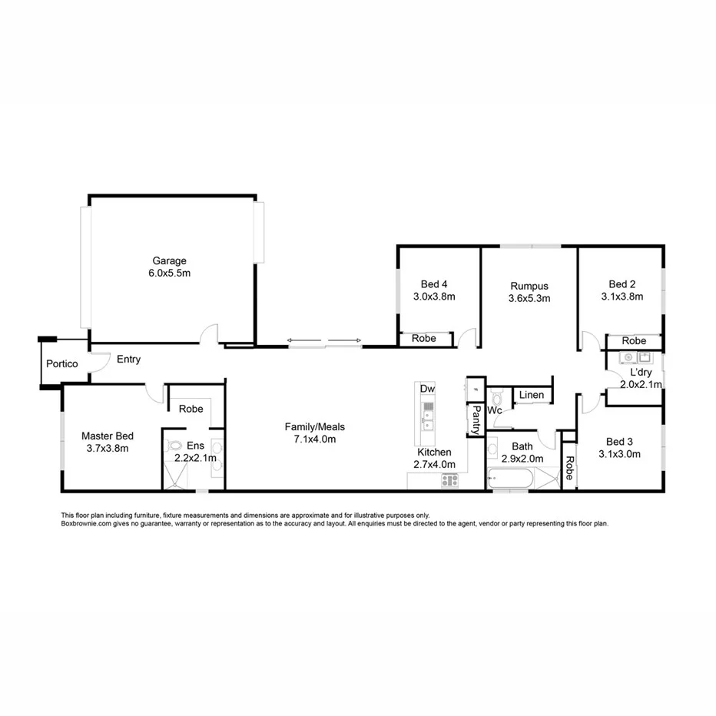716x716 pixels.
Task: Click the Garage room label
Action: pos(169,261)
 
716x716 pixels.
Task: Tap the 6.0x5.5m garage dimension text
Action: pos(169,273)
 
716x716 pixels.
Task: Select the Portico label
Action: pos(61,363)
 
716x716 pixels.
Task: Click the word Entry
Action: pos(128,360)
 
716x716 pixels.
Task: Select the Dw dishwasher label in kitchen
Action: pos(427,389)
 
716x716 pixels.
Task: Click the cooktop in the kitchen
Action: pos(449,481)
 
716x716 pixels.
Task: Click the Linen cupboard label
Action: pos(531,395)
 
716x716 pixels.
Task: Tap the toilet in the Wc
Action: pos(496,397)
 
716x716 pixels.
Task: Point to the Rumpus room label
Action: pos(529,287)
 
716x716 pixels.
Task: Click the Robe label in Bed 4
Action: pos(423,338)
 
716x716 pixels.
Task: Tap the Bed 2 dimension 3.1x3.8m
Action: pos(622,296)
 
